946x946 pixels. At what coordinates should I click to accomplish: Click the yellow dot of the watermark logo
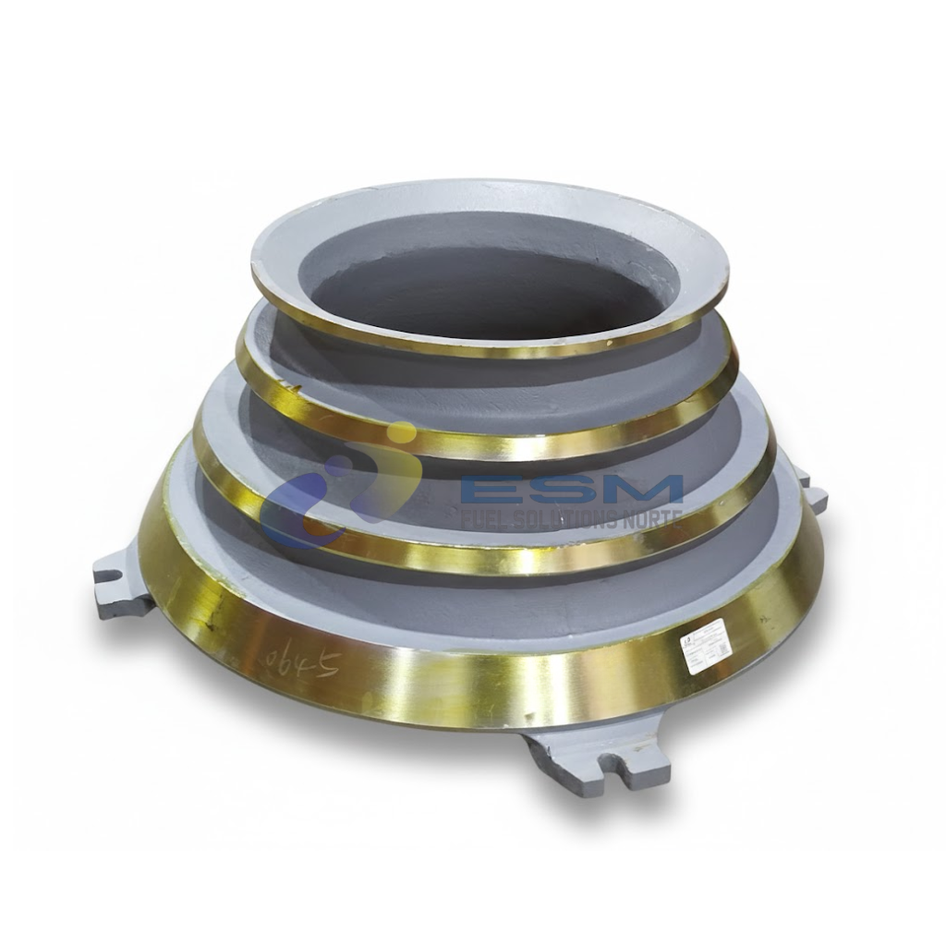(401, 433)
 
